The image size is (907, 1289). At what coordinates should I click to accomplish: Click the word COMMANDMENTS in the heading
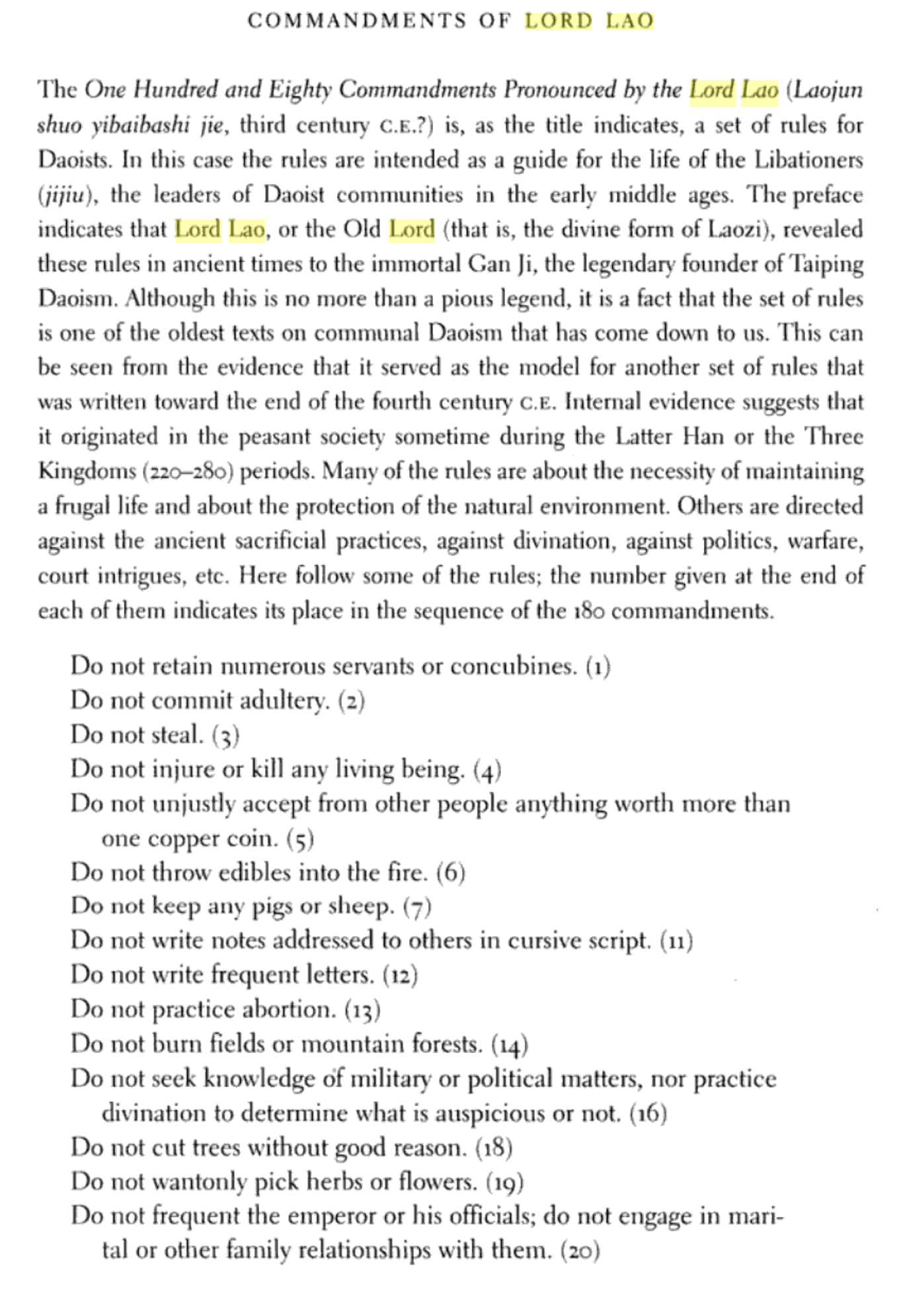[357, 20]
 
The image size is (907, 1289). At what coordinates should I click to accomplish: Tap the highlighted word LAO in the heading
[629, 20]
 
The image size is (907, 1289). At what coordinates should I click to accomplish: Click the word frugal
[82, 506]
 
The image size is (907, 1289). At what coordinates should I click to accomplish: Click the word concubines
[514, 666]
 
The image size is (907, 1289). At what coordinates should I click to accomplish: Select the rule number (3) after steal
[225, 735]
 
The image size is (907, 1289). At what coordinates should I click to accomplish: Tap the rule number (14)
[510, 1044]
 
